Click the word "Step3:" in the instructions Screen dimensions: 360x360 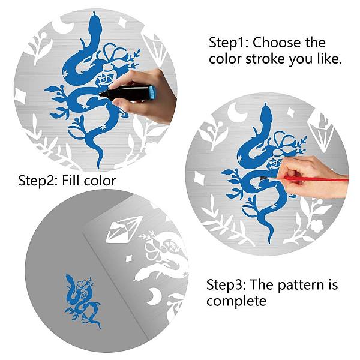[x=226, y=284]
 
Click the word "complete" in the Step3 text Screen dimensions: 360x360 [x=236, y=301]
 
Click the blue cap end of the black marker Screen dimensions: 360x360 [x=152, y=92]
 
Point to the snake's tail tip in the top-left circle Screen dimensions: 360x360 [x=98, y=166]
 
